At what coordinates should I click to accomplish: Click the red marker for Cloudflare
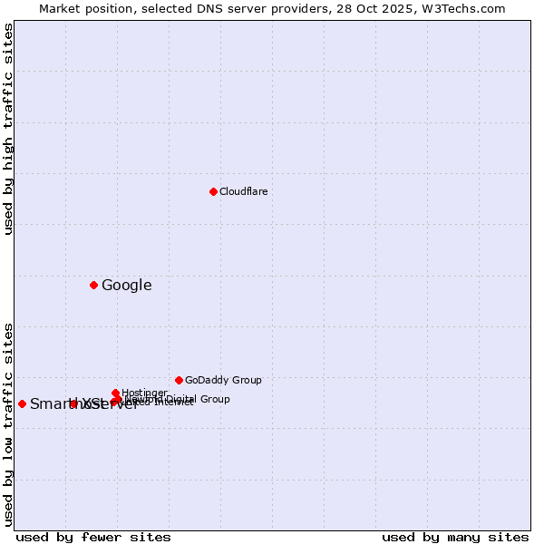(x=213, y=191)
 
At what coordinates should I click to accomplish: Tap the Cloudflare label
(x=243, y=191)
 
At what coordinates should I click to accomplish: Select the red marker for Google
(x=93, y=286)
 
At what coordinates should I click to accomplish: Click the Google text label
(x=126, y=286)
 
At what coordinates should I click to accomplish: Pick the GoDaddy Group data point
(x=179, y=380)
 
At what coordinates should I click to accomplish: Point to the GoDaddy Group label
(x=223, y=380)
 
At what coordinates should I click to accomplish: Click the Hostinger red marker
(x=115, y=393)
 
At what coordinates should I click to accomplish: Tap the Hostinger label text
(x=144, y=393)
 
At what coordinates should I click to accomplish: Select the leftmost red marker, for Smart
(x=22, y=403)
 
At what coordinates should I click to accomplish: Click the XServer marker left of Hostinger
(x=73, y=403)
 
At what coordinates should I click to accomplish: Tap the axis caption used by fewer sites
(x=93, y=537)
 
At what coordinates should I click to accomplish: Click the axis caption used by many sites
(x=455, y=537)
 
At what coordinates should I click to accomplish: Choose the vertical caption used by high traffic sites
(x=8, y=129)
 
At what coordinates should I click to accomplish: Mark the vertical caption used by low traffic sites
(x=8, y=423)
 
